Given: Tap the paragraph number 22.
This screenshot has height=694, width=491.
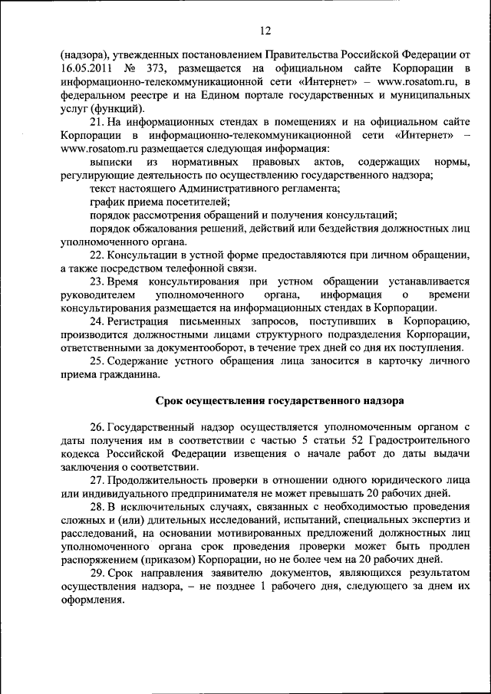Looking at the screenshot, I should point(96,255).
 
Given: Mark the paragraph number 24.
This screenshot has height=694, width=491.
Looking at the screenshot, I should point(96,321).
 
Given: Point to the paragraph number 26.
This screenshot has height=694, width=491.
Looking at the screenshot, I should point(96,426).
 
